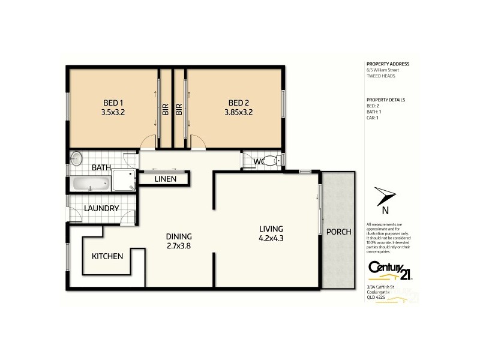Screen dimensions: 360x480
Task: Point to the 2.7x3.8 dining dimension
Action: click(178, 245)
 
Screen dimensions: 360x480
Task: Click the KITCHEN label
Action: click(107, 256)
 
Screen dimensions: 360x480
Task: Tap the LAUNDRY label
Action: click(101, 208)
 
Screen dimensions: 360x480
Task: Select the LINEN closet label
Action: click(164, 179)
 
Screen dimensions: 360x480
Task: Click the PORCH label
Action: click(338, 232)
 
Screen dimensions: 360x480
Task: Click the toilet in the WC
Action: click(273, 160)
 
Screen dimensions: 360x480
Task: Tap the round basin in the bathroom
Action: click(76, 159)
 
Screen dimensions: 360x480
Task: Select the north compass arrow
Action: click(384, 196)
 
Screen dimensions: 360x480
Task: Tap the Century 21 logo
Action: click(388, 271)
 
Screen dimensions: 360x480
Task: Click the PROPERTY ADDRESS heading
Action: click(388, 64)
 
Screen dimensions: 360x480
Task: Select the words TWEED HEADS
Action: click(380, 76)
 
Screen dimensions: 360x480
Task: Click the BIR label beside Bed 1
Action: click(164, 109)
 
